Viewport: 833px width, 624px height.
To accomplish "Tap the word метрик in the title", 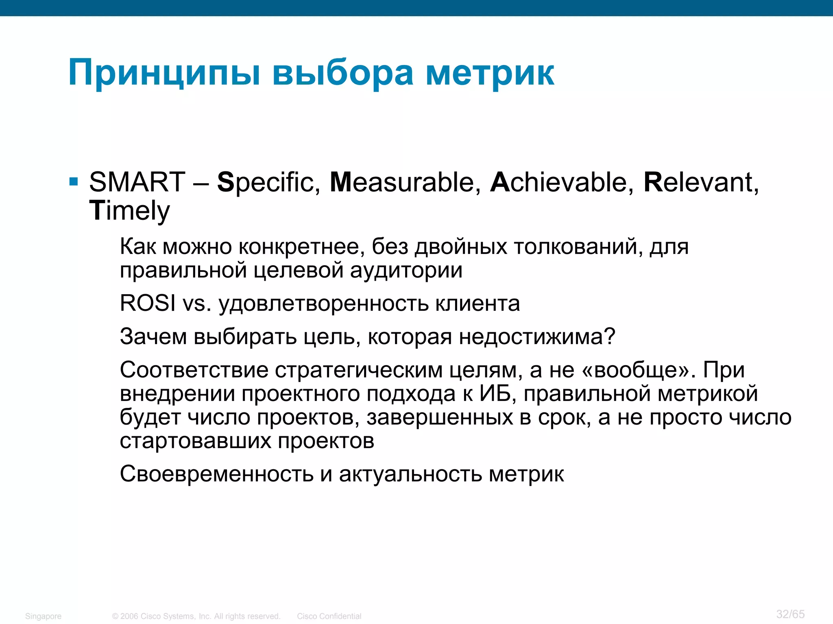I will [x=490, y=73].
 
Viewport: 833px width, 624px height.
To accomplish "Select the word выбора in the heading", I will [x=343, y=73].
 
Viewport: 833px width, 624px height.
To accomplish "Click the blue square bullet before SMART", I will [x=74, y=181].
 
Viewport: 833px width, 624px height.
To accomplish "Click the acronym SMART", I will [x=137, y=182].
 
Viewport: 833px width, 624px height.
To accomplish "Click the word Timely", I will [x=129, y=210].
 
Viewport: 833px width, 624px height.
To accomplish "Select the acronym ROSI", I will [x=148, y=303].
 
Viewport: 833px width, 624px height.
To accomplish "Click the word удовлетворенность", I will [x=323, y=303].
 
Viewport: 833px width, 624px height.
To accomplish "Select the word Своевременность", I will [x=216, y=474].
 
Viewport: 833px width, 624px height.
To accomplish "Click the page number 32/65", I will [x=790, y=614].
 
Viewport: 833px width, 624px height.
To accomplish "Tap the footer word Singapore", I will [x=43, y=616].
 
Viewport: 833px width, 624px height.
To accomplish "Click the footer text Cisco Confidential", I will [x=329, y=616].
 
